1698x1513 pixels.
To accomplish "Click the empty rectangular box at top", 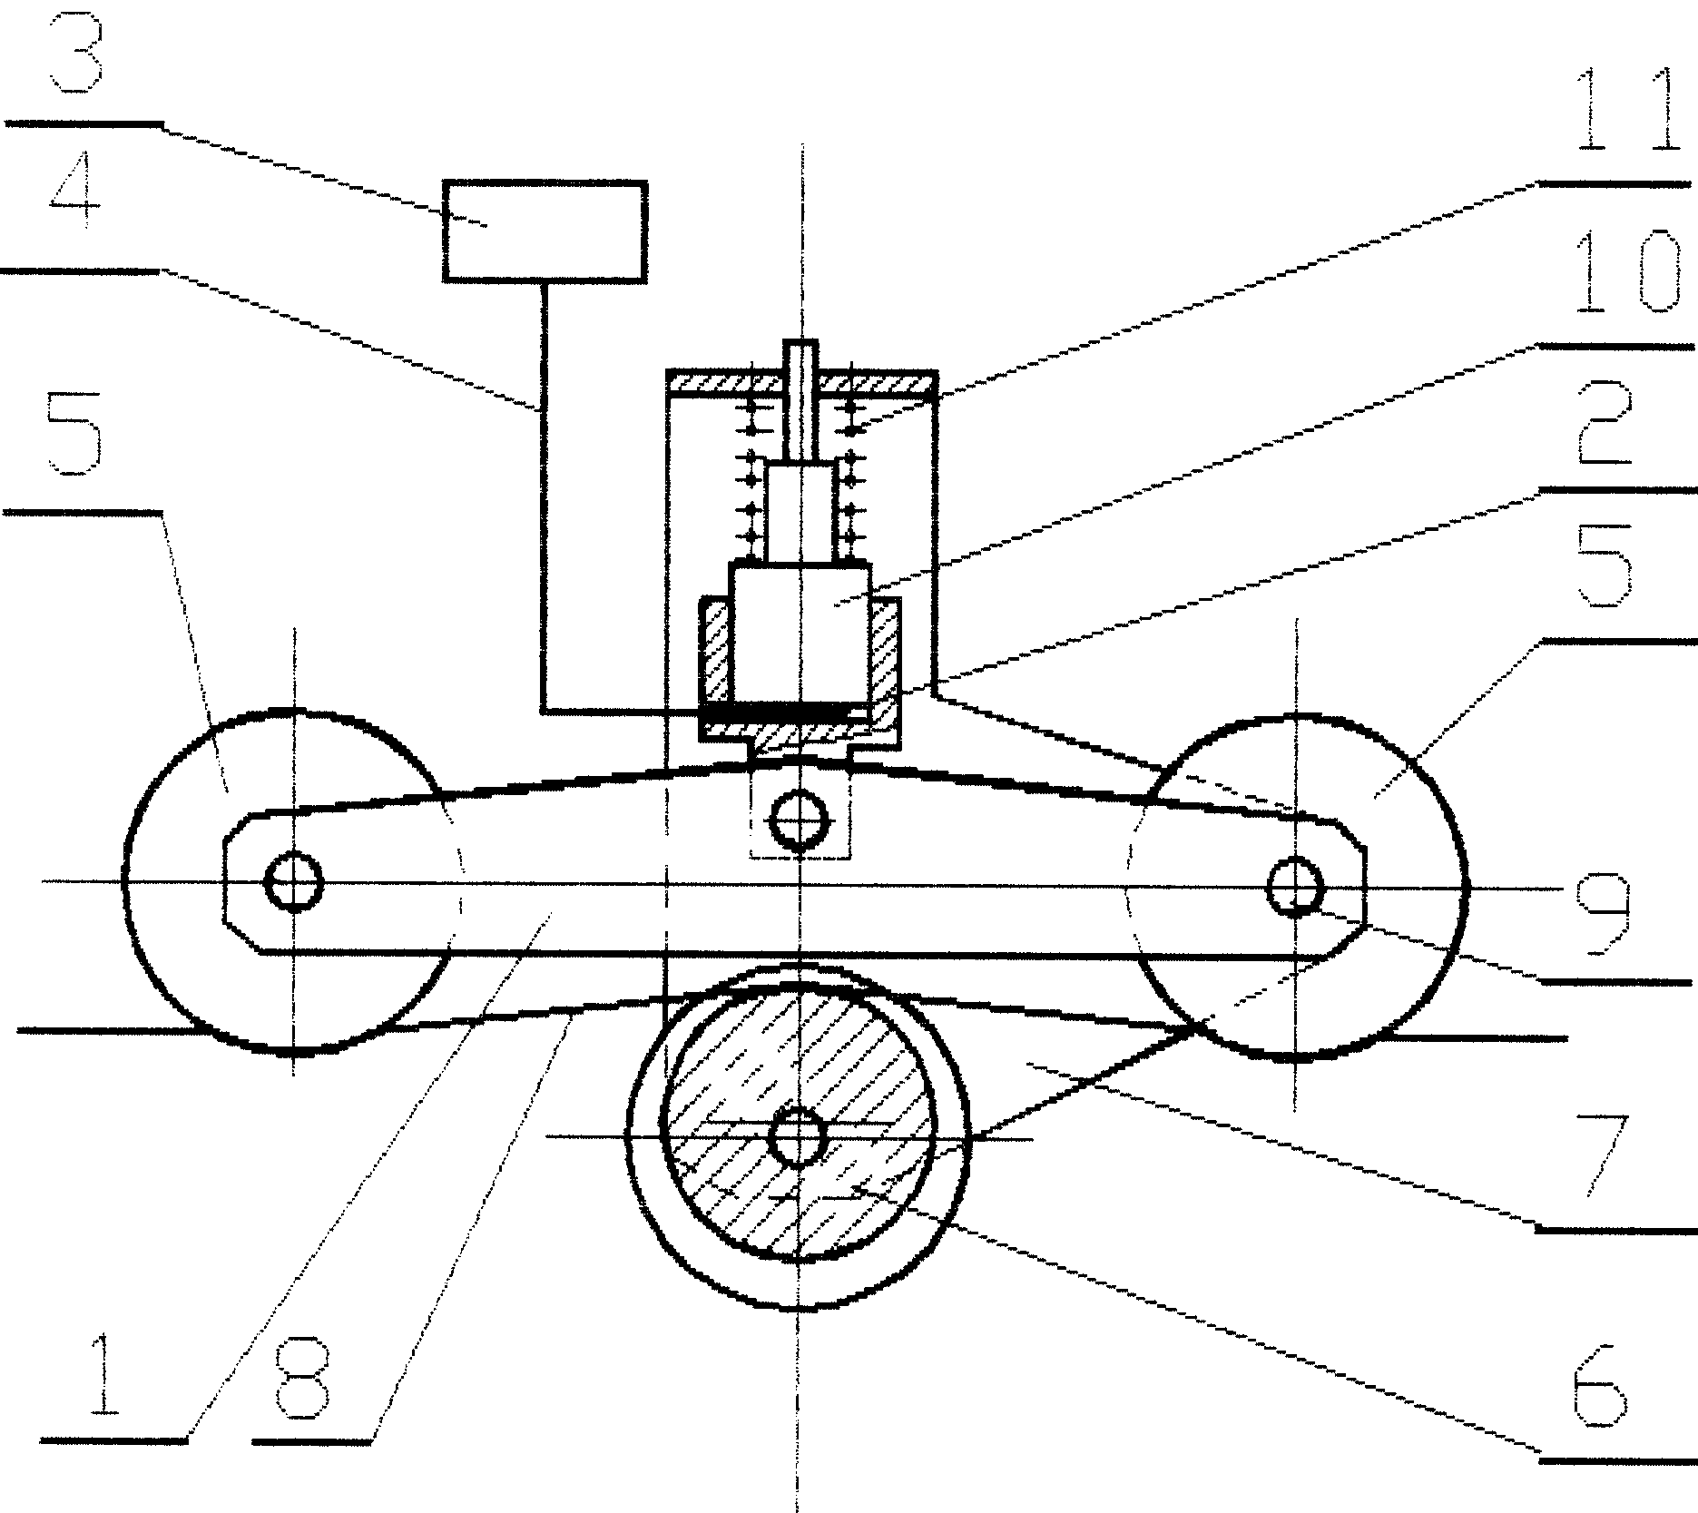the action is (545, 232).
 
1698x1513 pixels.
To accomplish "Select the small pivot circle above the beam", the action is (800, 820).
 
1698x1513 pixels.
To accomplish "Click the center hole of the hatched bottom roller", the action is (797, 1138).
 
